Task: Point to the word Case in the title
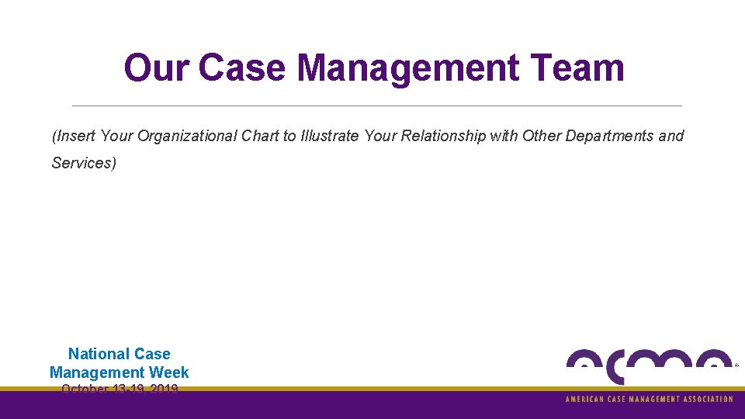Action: point(244,68)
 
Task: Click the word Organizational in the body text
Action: point(187,137)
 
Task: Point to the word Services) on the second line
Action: point(84,163)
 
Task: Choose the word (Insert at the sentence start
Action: point(74,137)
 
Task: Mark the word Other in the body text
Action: point(542,137)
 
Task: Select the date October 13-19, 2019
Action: point(120,389)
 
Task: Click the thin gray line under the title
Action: point(376,106)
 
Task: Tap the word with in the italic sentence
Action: point(504,137)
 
